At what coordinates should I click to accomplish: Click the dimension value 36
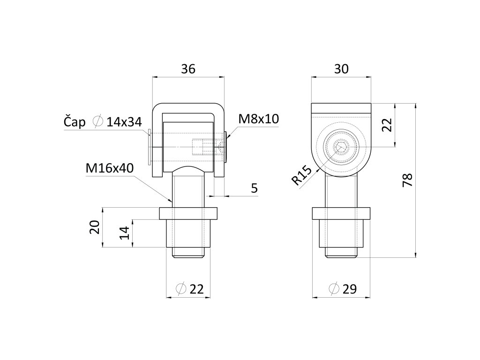coord(188,69)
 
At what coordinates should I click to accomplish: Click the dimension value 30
coord(341,69)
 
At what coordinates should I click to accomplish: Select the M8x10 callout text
coord(259,119)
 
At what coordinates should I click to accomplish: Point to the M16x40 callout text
coord(110,168)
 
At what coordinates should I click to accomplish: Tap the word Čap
coord(75,122)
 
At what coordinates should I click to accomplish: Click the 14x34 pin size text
coord(124,122)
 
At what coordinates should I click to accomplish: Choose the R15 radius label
coord(301,176)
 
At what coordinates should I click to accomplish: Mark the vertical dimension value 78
coord(407,180)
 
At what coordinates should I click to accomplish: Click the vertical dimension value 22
coord(387,125)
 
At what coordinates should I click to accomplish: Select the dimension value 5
coord(255,188)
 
